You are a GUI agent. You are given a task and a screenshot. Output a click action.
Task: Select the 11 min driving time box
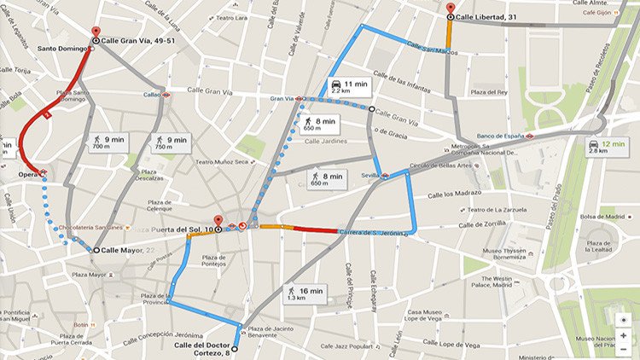click(347, 86)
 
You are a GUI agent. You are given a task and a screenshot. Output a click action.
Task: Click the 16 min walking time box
click(305, 294)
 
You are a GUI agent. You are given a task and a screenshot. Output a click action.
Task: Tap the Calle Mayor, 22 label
click(126, 250)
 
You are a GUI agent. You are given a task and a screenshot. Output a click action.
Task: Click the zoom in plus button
click(624, 335)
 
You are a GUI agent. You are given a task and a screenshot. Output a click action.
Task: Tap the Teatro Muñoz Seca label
click(222, 160)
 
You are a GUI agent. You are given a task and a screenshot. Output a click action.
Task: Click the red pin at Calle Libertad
click(451, 9)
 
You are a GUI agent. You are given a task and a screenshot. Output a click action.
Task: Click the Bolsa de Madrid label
click(603, 218)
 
